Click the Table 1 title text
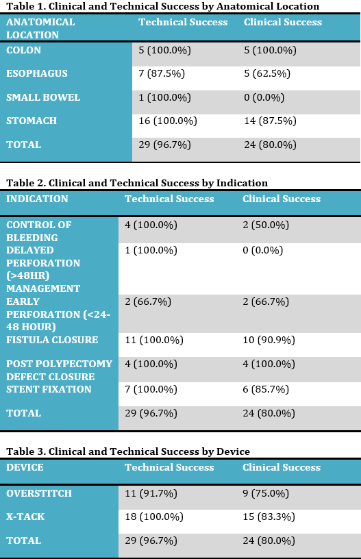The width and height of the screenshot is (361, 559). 163,6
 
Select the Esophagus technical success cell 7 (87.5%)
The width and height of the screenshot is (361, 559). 162,73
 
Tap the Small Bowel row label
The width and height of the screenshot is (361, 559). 43,97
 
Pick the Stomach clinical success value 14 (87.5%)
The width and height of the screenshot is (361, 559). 270,121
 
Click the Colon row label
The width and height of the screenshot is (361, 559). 23,50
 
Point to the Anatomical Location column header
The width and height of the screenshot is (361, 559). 40,29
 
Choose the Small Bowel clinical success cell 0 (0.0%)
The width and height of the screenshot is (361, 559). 264,97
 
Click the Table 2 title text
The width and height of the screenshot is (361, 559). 137,183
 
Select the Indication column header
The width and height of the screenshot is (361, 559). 37,199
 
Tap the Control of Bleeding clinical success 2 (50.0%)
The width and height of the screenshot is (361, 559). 266,225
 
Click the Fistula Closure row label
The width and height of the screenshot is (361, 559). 52,340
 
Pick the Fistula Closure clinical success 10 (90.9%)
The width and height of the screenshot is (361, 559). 269,340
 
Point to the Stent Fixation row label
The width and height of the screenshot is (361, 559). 49,389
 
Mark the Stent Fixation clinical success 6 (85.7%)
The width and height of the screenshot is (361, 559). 266,389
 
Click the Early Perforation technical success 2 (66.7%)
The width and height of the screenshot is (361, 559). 148,301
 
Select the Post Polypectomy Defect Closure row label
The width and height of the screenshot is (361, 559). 59,370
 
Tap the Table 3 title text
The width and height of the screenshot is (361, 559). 128,451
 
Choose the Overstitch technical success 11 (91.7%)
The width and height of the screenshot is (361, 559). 151,493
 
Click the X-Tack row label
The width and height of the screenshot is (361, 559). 25,517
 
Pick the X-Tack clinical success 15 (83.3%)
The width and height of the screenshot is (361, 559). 269,517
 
